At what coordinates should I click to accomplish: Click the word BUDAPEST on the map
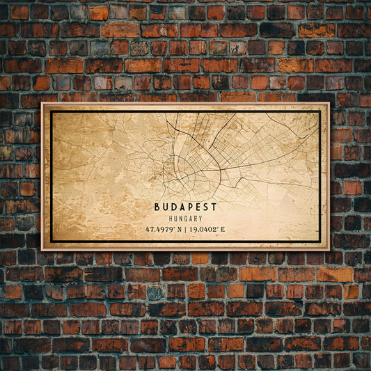pos(186,207)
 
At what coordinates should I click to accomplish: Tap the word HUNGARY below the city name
pos(186,219)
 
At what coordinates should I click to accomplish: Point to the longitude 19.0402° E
pos(205,229)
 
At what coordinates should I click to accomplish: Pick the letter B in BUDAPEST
pos(157,207)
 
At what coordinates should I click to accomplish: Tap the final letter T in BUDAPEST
pos(214,207)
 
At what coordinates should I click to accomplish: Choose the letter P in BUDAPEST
pos(190,207)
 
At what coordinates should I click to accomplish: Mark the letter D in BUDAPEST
pos(173,207)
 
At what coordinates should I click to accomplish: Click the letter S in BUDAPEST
pos(207,207)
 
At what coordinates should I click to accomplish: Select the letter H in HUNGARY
pos(170,219)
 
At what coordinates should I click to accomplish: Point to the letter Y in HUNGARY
pos(202,219)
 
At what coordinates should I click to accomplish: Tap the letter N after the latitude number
pos(180,229)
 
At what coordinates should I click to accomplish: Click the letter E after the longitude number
pos(223,229)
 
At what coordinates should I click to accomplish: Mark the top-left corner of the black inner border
pos(51,111)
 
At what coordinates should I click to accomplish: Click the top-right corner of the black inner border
pos(320,111)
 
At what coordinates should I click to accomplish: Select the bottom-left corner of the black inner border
pos(51,242)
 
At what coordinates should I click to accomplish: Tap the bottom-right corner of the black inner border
pos(320,242)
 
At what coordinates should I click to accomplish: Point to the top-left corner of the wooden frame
pos(41,102)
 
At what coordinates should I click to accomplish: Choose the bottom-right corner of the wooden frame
pos(330,251)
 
